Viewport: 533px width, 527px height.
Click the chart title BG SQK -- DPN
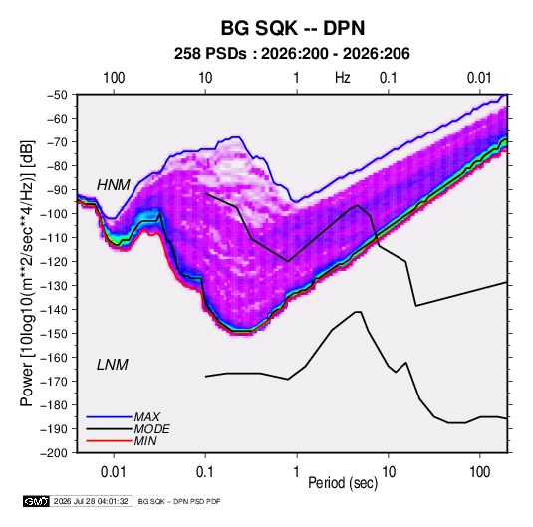point(293,28)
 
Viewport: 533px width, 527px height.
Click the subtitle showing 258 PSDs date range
point(292,54)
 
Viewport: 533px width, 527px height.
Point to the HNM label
point(114,185)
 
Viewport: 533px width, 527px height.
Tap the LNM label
point(113,365)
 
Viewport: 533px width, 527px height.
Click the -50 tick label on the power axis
point(57,95)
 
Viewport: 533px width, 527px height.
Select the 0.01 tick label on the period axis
point(114,472)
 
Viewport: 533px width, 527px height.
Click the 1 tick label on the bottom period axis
point(297,472)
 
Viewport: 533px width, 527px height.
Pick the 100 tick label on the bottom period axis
point(479,472)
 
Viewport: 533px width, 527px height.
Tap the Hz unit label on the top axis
point(343,78)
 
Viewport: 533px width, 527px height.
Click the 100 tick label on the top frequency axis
point(114,78)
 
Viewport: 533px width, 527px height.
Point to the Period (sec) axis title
point(343,483)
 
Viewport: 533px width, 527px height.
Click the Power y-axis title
point(27,274)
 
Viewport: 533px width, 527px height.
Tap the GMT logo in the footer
point(37,501)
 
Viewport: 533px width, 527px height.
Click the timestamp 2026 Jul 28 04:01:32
point(91,501)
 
